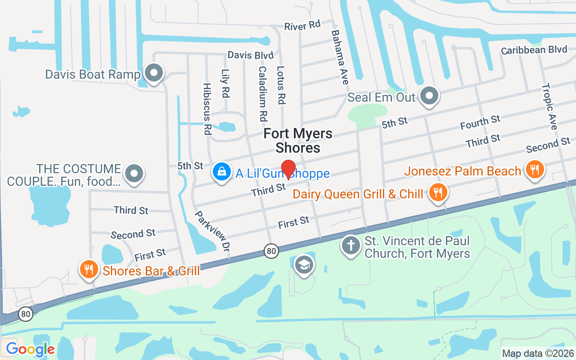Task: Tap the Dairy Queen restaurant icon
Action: click(x=436, y=193)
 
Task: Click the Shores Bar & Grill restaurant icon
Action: click(x=89, y=270)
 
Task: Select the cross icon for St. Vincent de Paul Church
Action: click(x=351, y=246)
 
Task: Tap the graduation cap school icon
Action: click(x=304, y=265)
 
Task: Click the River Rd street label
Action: click(x=302, y=26)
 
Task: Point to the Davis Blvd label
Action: click(x=251, y=55)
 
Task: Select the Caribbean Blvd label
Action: click(x=534, y=49)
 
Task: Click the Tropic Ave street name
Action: click(x=549, y=107)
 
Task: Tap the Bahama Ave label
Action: click(x=340, y=57)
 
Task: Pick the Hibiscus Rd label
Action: click(x=207, y=109)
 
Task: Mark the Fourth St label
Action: click(x=480, y=122)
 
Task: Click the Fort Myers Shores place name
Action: click(x=298, y=140)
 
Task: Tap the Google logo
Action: click(x=30, y=349)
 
